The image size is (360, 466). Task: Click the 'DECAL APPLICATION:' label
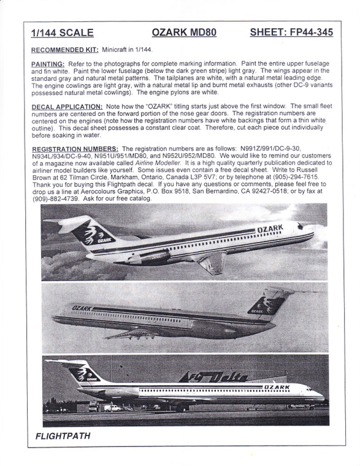(x=67, y=107)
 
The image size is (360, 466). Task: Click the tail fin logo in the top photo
(x=90, y=235)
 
